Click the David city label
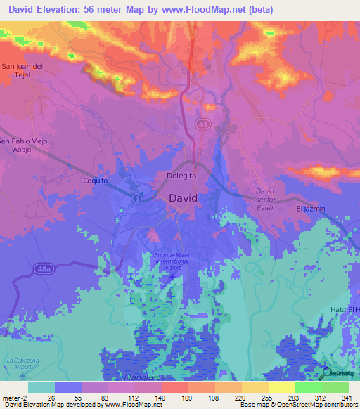[183, 198]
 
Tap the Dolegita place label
[181, 176]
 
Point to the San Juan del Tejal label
[23, 71]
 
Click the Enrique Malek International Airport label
[172, 261]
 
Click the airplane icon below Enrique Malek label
[173, 275]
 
